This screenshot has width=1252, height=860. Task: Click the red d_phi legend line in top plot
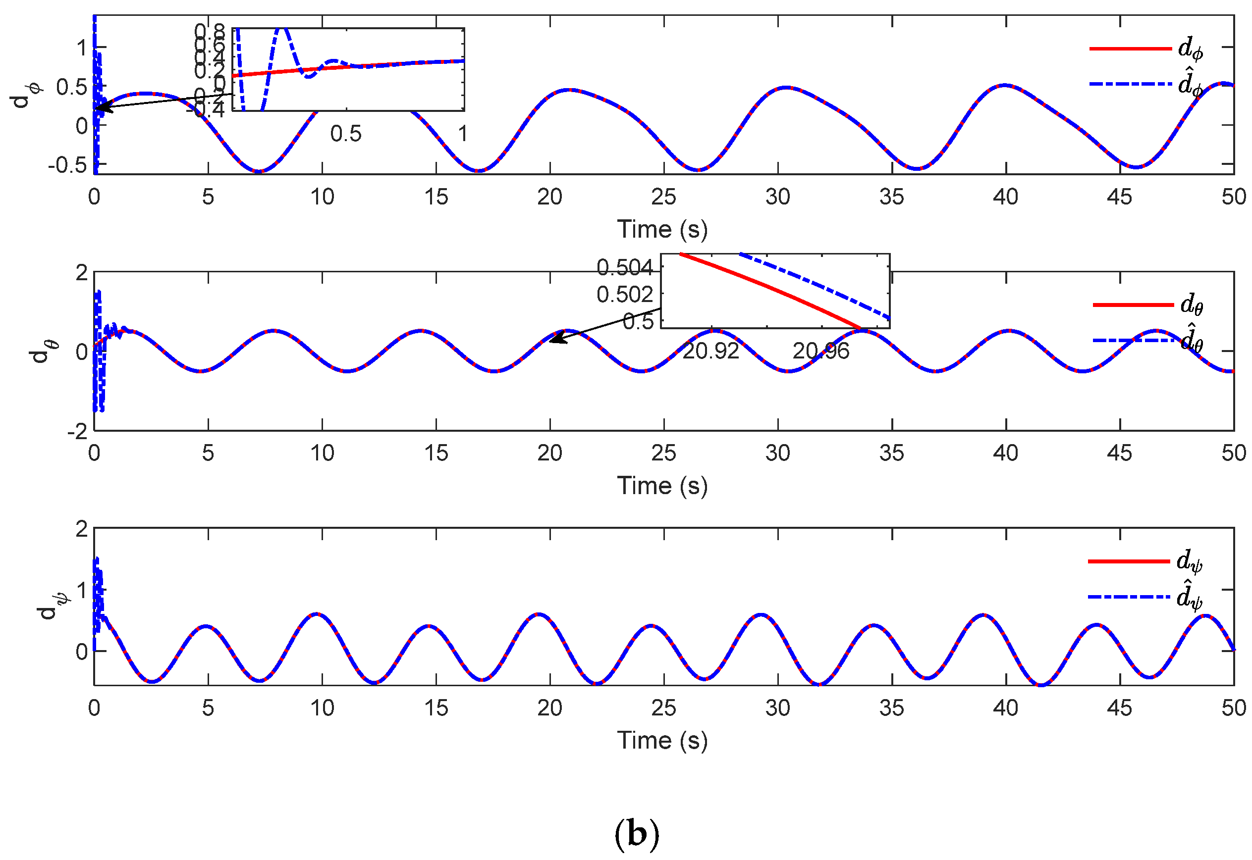click(1129, 49)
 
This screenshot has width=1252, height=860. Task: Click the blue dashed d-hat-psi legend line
click(1128, 597)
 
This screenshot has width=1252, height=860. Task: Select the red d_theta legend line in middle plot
click(1132, 305)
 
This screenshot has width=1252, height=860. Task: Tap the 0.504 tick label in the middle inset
click(624, 267)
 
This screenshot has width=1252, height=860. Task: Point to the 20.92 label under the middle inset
click(710, 352)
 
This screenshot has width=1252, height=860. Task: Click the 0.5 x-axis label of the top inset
click(346, 134)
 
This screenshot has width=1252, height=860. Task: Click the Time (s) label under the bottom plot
click(661, 740)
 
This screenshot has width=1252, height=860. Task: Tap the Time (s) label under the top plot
click(661, 230)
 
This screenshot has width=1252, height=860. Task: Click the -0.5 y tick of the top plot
click(67, 165)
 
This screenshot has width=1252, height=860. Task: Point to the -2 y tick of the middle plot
click(77, 431)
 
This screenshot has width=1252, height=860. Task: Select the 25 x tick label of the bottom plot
click(663, 708)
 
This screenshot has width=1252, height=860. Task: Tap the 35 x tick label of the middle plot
click(891, 453)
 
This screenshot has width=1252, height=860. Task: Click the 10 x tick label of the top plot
click(322, 197)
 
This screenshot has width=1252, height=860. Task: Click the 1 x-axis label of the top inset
click(462, 134)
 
